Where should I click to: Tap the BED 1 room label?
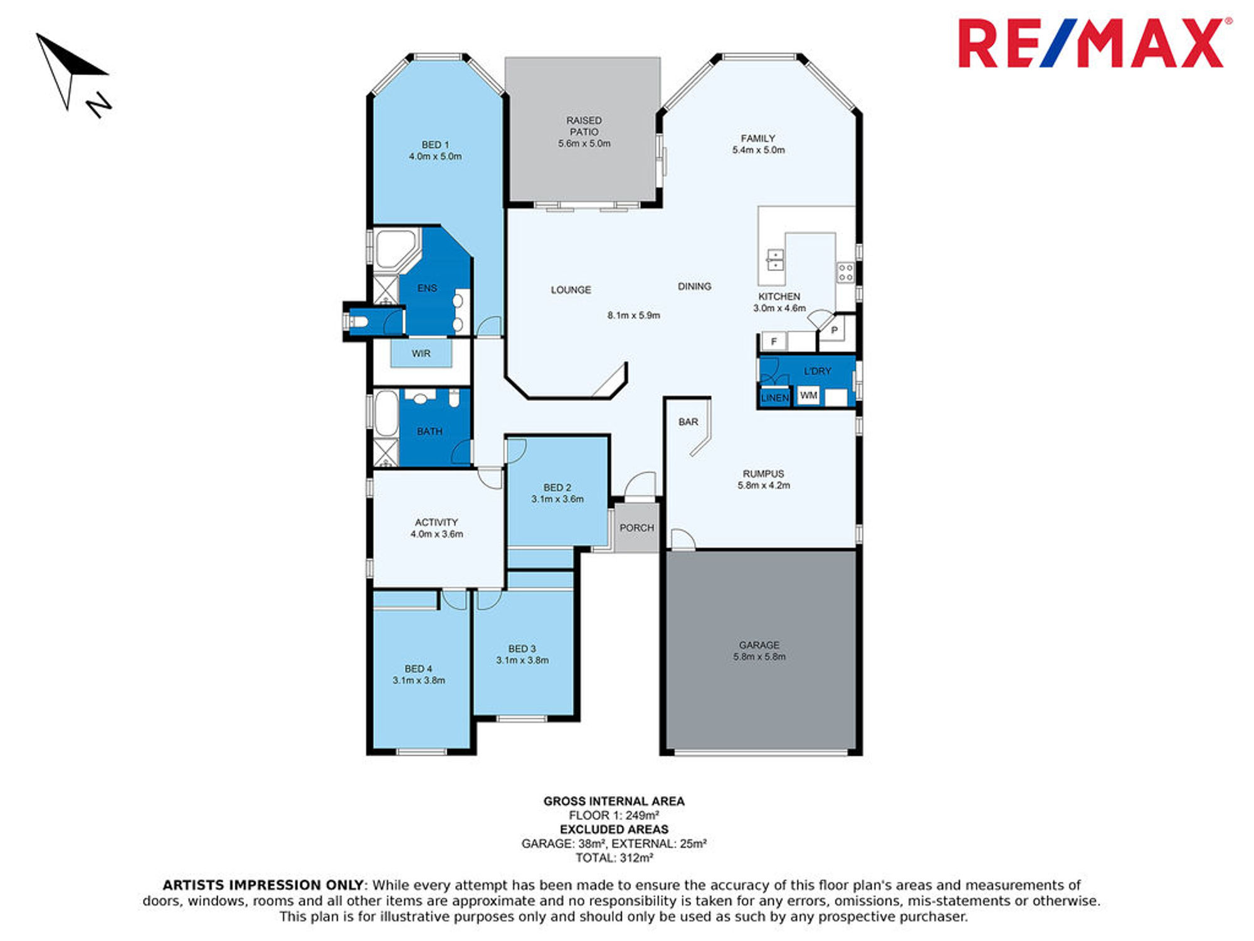(435, 145)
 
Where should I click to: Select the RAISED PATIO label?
(584, 126)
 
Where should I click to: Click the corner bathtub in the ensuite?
(396, 249)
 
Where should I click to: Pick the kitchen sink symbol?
(776, 260)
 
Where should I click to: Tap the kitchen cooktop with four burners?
(845, 272)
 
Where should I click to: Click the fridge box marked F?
(774, 341)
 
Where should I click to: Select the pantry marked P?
(835, 329)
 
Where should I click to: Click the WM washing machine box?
(808, 395)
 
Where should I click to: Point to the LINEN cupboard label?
(774, 398)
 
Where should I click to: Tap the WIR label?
(421, 354)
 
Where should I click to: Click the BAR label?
(688, 422)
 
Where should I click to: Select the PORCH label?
(636, 528)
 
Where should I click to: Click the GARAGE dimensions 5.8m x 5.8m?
(759, 657)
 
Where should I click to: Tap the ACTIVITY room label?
(436, 523)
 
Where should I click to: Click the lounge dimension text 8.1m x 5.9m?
(633, 316)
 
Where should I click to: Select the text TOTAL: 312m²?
(614, 858)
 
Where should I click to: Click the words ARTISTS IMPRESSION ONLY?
(263, 885)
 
